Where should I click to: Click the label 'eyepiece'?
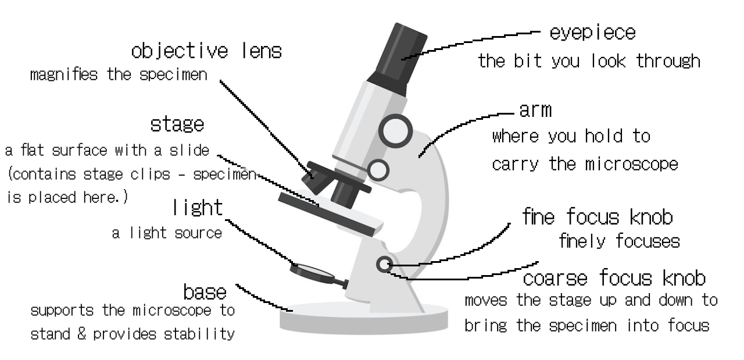click(592, 33)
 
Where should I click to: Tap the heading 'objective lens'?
click(206, 51)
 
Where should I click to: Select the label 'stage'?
click(177, 124)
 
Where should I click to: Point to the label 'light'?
click(198, 208)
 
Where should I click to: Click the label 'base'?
click(205, 291)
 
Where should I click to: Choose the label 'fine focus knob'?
click(597, 217)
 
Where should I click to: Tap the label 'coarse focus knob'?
click(614, 279)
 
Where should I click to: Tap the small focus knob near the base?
click(383, 265)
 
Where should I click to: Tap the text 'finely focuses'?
click(618, 240)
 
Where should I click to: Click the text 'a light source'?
click(167, 233)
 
